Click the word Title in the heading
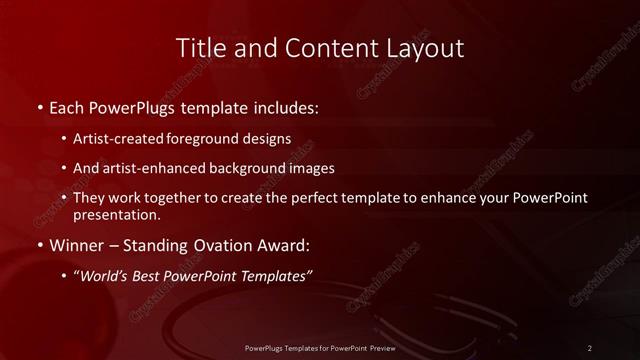coord(200,48)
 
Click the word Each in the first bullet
coord(67,106)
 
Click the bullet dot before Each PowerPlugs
coord(38,107)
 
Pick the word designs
coord(270,139)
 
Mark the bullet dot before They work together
coord(65,198)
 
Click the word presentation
coord(115,214)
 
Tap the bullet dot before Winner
coord(38,244)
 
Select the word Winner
coord(76,244)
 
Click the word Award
coord(279,244)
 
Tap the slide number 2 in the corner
coord(590,347)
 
